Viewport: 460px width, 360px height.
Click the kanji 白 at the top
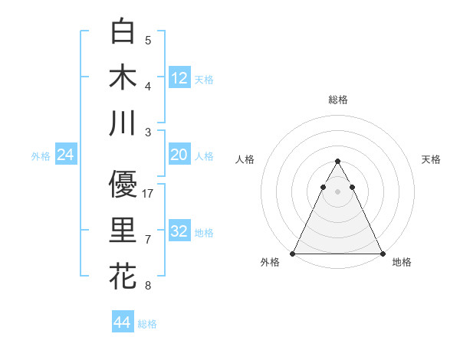[x=123, y=31]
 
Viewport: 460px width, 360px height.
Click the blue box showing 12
[x=179, y=77]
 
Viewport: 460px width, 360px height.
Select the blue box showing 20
[x=179, y=155]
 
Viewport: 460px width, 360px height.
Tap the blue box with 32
[x=179, y=231]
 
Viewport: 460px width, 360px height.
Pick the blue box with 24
[x=66, y=155]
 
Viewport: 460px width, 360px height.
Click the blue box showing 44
[x=123, y=322]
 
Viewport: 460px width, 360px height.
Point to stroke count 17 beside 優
[x=149, y=194]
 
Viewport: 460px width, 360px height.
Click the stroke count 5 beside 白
[x=148, y=40]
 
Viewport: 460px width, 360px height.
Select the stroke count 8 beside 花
[x=148, y=286]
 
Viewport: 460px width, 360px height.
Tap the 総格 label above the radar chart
[x=338, y=100]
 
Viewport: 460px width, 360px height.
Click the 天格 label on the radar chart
[x=432, y=159]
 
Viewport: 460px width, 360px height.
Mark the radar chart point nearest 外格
[x=293, y=254]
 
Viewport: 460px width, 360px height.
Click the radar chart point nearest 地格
[x=383, y=254]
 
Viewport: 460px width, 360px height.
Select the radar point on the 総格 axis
[x=338, y=162]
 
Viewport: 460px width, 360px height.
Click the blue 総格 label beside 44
[x=148, y=324]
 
